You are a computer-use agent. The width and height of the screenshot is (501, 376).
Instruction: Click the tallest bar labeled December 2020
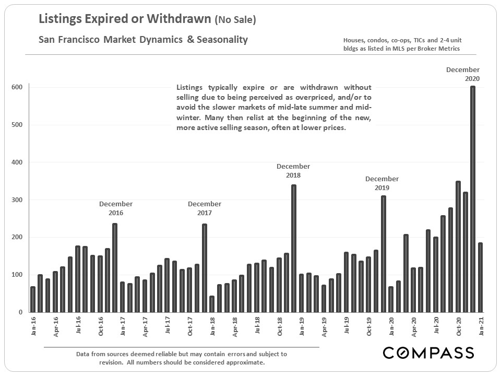(473, 199)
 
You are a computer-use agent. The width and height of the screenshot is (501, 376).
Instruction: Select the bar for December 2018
(294, 248)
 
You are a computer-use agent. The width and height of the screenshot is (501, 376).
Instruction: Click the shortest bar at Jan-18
(212, 304)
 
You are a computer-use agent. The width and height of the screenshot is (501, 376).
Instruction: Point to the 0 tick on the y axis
(20, 312)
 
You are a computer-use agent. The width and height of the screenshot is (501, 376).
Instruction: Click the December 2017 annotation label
(205, 208)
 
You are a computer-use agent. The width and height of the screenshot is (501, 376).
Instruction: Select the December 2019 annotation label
(382, 183)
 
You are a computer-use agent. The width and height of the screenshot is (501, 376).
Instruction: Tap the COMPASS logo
(428, 352)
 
